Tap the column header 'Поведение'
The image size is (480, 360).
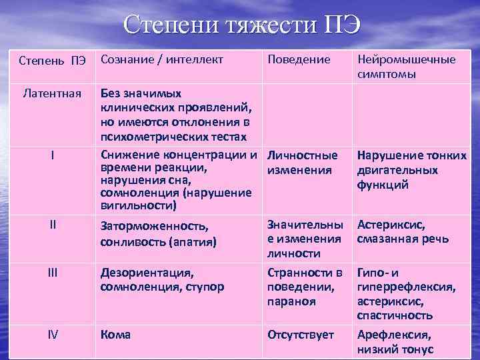(298, 59)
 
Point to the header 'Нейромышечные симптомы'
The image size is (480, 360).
(407, 67)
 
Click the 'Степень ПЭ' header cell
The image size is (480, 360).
(52, 61)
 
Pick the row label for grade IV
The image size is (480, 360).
(52, 334)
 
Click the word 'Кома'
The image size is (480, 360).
(115, 335)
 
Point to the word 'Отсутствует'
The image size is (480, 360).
(300, 335)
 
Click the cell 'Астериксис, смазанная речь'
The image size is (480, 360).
(403, 232)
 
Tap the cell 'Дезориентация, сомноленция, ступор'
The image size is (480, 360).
(162, 280)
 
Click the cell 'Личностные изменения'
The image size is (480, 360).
(302, 163)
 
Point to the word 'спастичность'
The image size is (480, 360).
(395, 315)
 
